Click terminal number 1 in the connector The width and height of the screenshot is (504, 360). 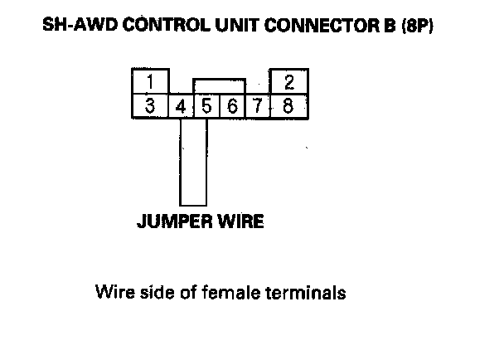pyautogui.click(x=150, y=83)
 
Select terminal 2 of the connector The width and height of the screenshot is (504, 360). pyautogui.click(x=288, y=83)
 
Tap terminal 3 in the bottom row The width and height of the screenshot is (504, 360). pyautogui.click(x=150, y=106)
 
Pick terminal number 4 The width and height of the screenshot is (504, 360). pyautogui.click(x=180, y=107)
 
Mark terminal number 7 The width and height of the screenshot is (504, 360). pyautogui.click(x=258, y=107)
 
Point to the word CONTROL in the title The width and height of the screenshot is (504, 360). pyautogui.click(x=158, y=27)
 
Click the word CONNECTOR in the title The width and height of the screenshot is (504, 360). pyautogui.click(x=308, y=27)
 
